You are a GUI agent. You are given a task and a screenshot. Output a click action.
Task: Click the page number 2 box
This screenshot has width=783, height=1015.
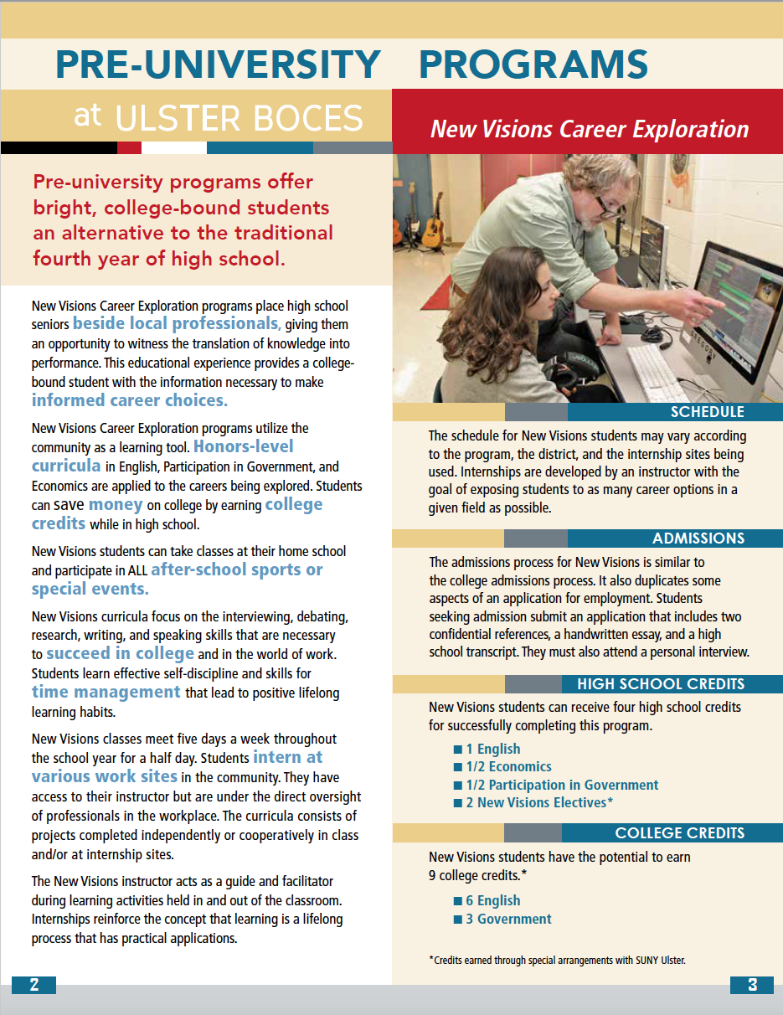[x=33, y=985]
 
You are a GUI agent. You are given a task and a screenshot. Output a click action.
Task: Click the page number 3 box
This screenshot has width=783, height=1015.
[x=751, y=985]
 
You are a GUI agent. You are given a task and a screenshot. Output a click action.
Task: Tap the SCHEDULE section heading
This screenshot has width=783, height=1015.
[x=707, y=412]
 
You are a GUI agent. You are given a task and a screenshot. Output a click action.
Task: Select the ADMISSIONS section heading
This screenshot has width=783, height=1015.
[x=698, y=538]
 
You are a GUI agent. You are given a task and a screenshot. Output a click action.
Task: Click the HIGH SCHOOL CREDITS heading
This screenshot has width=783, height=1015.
[x=661, y=684]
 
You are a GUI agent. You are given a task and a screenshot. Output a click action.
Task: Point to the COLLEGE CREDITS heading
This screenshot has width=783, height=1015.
[x=679, y=833]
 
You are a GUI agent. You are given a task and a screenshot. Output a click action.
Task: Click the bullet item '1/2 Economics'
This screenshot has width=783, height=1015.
[x=508, y=767]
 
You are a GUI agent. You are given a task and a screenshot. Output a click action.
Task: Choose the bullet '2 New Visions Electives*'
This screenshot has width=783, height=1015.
[x=539, y=803]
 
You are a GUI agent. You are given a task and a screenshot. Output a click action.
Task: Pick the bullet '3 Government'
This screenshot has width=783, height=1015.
[x=513, y=919]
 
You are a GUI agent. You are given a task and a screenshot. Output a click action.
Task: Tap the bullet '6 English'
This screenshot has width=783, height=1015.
[x=498, y=901]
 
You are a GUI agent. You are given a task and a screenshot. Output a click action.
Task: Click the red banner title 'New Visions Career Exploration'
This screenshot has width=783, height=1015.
[x=589, y=129]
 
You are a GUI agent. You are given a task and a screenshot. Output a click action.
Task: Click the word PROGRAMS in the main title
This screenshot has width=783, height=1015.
[x=533, y=64]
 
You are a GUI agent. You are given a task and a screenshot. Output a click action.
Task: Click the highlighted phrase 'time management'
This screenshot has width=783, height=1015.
[x=106, y=692]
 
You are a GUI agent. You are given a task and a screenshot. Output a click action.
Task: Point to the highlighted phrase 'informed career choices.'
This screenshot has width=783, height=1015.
[x=130, y=400]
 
